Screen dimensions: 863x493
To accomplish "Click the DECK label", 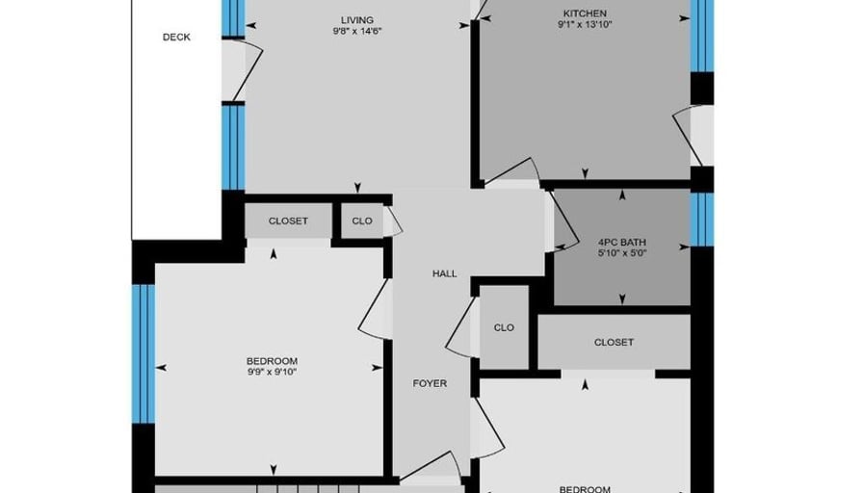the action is (176, 37).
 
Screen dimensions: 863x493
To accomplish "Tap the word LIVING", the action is (357, 20).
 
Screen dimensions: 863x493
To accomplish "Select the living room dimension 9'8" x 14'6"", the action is (357, 32).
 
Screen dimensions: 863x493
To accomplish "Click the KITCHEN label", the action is (585, 13).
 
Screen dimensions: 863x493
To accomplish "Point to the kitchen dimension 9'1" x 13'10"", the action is (585, 24).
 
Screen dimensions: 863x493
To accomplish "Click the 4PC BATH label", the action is (622, 242).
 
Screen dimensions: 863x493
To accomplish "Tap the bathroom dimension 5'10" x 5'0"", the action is (622, 253).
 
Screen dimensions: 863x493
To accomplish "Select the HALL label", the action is (444, 273).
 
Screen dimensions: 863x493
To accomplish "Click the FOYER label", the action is (430, 383).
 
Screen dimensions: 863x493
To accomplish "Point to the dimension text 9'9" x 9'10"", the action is (272, 372).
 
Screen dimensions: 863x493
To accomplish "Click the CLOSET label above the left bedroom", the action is (288, 221).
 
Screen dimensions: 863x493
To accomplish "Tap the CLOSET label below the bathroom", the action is (614, 342).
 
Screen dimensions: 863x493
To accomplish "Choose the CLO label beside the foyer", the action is (504, 327).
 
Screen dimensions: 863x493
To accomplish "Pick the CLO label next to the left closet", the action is (361, 221).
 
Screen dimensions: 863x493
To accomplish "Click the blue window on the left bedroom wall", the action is (144, 353).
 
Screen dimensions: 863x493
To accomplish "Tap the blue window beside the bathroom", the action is (702, 219).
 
